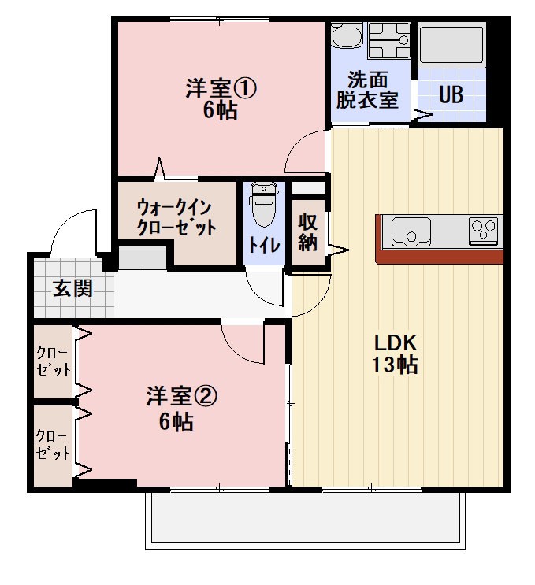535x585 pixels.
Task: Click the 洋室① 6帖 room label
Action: click(221, 98)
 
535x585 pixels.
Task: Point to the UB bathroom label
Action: click(451, 94)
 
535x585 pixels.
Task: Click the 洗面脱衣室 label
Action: click(367, 90)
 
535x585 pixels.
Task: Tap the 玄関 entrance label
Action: click(73, 288)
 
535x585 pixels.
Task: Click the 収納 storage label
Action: click(307, 231)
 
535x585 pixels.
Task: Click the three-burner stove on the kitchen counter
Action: click(484, 230)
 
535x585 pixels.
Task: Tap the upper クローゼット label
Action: click(54, 361)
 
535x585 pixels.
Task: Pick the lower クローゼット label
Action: click(54, 444)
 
